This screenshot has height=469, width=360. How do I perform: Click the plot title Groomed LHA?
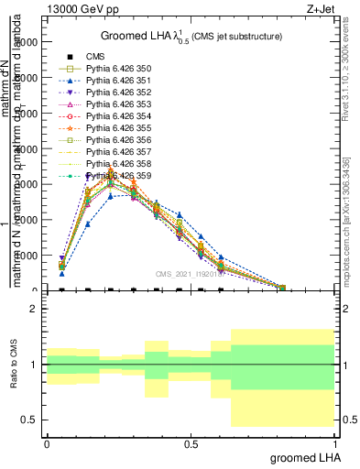coord(191,36)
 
